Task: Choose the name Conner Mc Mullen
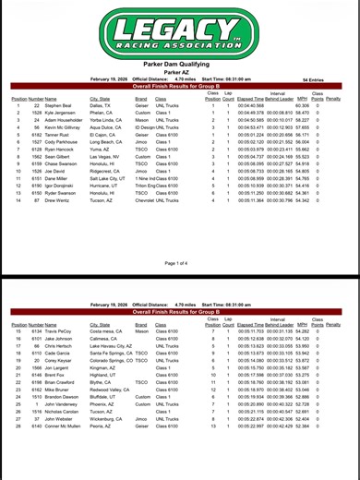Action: (66, 404)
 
